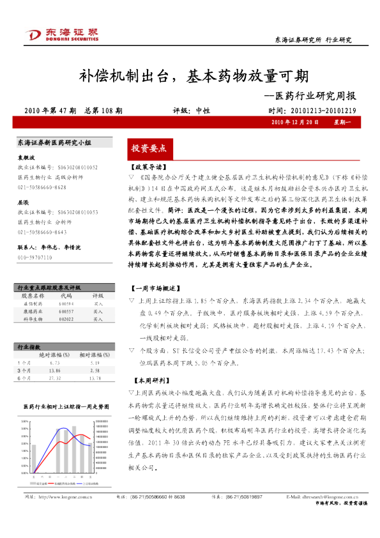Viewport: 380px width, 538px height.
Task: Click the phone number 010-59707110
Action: [35, 257]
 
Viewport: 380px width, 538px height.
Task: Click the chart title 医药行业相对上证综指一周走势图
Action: [63, 406]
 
